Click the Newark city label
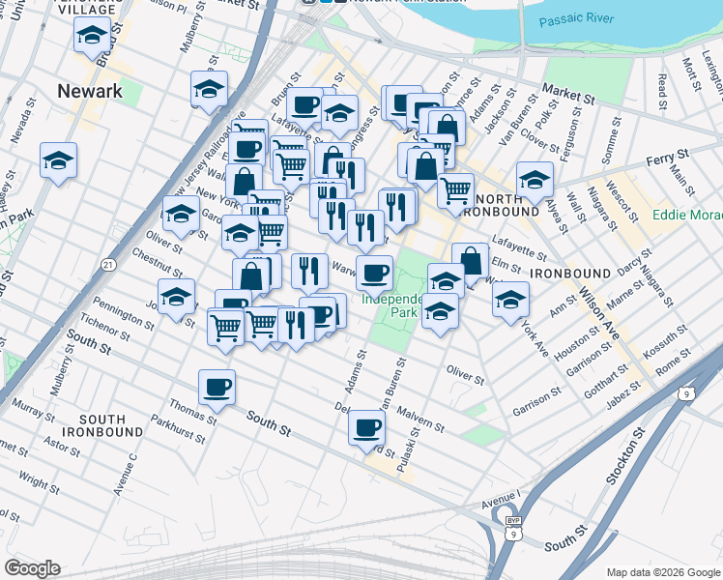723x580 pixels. (90, 91)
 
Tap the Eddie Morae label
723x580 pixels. (687, 215)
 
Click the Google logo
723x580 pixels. (32, 568)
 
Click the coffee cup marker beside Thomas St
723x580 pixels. (217, 388)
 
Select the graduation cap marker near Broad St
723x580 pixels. (92, 37)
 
